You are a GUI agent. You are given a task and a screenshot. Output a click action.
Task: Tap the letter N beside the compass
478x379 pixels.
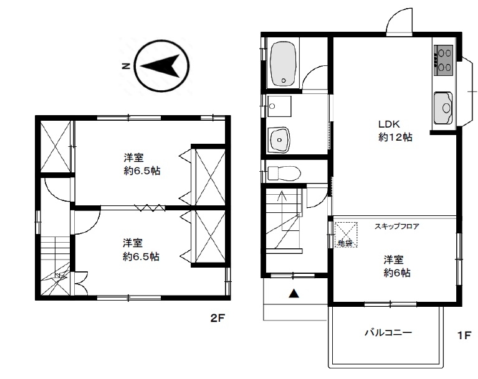click(x=126, y=66)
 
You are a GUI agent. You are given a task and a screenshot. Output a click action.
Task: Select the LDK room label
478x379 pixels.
click(x=389, y=124)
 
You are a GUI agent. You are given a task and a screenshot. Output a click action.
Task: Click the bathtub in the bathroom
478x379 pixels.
click(x=284, y=63)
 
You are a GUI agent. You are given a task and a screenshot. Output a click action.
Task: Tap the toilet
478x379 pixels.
click(x=284, y=174)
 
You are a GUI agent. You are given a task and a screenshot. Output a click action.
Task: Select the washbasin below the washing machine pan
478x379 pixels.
click(x=279, y=139)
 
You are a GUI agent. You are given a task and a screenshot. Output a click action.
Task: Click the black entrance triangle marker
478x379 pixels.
click(x=294, y=293)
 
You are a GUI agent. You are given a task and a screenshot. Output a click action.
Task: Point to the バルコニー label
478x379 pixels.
click(x=388, y=332)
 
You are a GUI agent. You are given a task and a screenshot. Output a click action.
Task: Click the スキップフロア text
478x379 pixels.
click(x=396, y=226)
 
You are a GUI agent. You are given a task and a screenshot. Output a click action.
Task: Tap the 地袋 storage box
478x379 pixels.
click(x=346, y=235)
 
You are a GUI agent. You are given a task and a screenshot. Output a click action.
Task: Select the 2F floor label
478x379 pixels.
click(x=217, y=318)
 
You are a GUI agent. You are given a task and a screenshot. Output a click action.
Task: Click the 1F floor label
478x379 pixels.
click(x=464, y=335)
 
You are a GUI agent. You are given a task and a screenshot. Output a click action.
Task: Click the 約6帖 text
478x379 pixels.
click(x=397, y=273)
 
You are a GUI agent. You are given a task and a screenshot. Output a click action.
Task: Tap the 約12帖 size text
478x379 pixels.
click(x=395, y=138)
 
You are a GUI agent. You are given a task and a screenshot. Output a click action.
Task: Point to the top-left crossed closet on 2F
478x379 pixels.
click(x=55, y=147)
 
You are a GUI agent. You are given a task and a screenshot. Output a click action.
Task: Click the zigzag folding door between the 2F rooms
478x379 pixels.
click(x=150, y=208)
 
